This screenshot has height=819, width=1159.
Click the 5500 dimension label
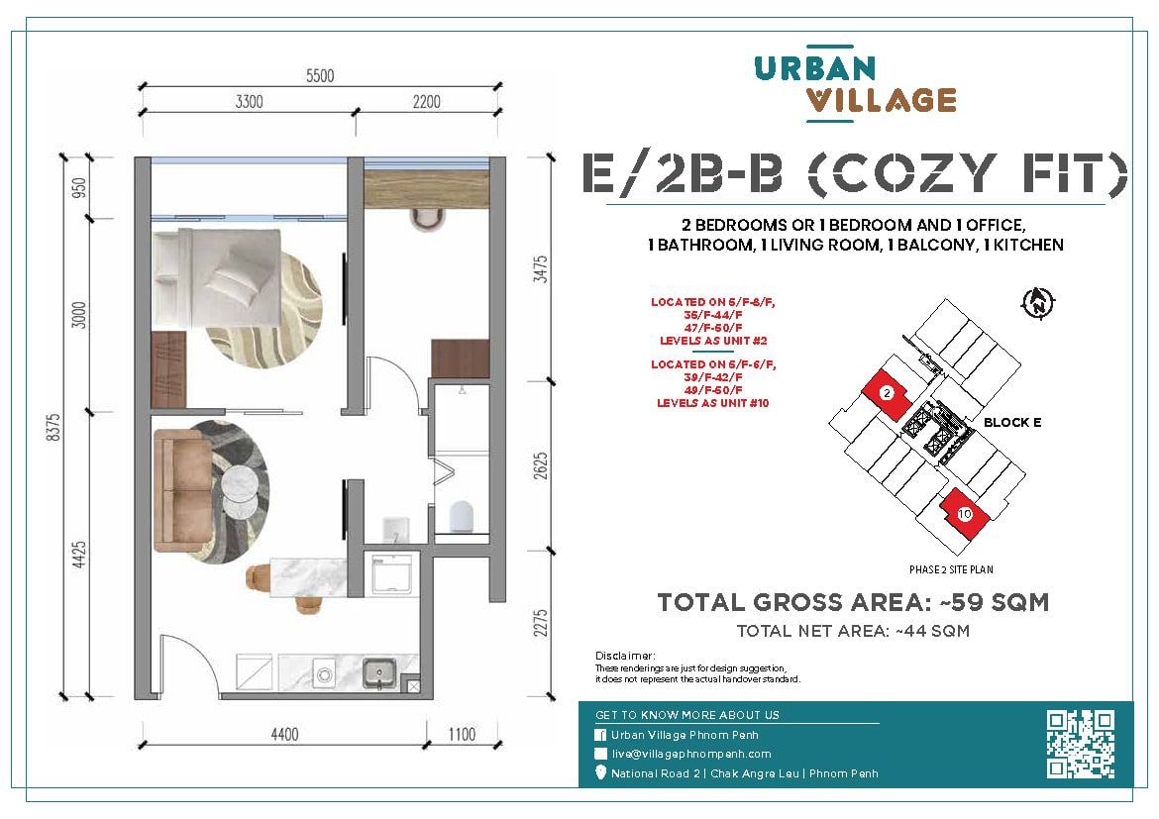coord(320,75)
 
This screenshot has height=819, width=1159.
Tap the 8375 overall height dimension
coord(53,427)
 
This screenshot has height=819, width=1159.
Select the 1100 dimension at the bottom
coord(462,734)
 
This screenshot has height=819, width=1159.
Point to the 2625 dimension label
coord(541,465)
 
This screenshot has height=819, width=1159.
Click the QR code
coord(1080,744)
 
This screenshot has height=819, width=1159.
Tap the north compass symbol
coord(1038,302)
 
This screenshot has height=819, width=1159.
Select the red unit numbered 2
coord(888,394)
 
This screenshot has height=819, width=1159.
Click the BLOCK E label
coord(1012,422)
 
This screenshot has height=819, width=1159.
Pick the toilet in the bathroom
coord(462,516)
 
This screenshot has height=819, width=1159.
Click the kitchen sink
coord(379,672)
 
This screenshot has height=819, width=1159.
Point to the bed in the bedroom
coord(217,278)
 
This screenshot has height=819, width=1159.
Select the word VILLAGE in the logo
coord(881,101)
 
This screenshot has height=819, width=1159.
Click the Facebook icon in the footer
coord(600,735)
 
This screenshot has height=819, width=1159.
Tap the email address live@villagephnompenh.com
coord(691,754)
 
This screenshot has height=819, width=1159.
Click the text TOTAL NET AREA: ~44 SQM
coord(853,631)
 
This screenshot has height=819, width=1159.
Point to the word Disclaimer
coord(625,656)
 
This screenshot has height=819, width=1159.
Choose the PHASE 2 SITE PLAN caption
coord(951,569)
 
